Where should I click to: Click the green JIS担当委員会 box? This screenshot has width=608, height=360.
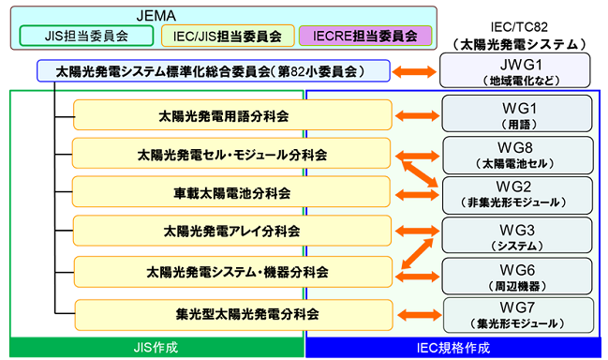[x=86, y=36]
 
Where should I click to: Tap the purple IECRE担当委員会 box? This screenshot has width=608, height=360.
[x=364, y=36]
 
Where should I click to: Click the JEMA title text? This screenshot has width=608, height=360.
[x=221, y=13]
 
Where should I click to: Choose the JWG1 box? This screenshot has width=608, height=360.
[x=516, y=70]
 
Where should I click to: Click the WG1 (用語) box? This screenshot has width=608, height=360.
[x=516, y=116]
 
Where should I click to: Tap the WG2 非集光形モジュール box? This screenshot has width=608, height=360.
[x=516, y=193]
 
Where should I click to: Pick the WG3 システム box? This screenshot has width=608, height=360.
[x=516, y=232]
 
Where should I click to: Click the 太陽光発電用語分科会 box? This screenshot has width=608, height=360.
[x=230, y=116]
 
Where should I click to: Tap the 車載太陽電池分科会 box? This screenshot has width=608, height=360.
[x=230, y=193]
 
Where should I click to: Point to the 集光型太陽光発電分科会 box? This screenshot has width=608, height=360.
[x=230, y=312]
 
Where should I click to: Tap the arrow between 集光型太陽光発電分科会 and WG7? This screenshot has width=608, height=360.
[x=418, y=312]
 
